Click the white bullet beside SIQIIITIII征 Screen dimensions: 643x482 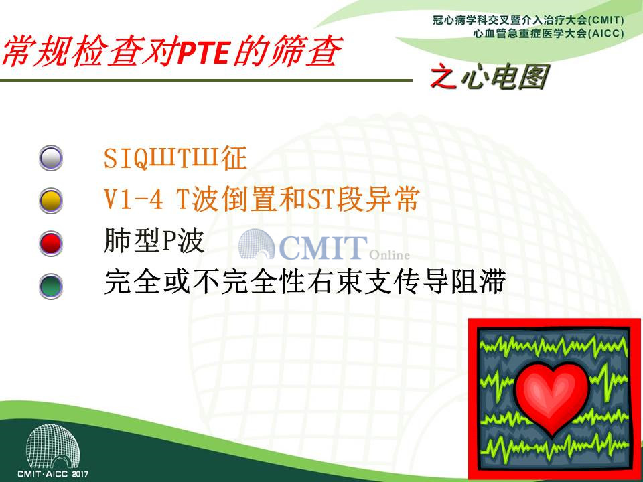51,158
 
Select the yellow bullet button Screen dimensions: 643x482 51,200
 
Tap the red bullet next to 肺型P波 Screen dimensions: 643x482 51,243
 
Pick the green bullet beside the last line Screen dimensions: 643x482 51,286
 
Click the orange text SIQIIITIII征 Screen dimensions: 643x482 175,158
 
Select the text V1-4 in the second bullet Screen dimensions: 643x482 133,199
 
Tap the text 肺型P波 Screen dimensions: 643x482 154,241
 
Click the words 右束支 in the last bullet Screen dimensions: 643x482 348,282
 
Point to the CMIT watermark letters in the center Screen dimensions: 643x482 323,248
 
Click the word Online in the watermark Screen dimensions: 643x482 389,255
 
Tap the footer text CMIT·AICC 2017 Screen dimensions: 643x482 53,474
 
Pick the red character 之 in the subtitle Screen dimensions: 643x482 443,76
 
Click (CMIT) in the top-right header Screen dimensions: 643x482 605,20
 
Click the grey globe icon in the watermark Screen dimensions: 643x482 257,244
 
